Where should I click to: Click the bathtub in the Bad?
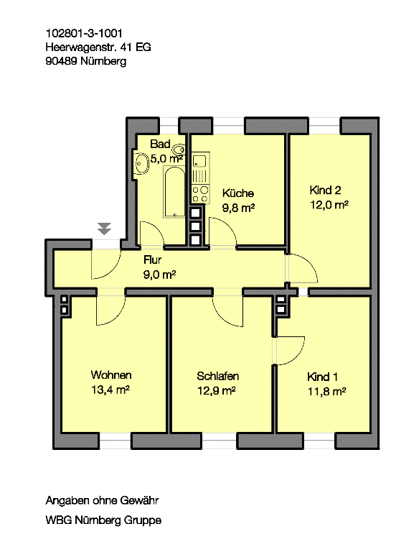pyautogui.click(x=174, y=191)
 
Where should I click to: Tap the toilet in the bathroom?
pyautogui.click(x=179, y=149)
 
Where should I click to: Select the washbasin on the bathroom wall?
pyautogui.click(x=141, y=163)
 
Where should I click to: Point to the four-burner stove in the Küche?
pyautogui.click(x=200, y=194)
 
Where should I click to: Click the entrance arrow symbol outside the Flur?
pyautogui.click(x=104, y=229)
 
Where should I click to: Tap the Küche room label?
pyautogui.click(x=238, y=193)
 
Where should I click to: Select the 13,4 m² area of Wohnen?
pyautogui.click(x=110, y=390)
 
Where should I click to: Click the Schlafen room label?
pyautogui.click(x=217, y=376)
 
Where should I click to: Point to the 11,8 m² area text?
pyautogui.click(x=327, y=391)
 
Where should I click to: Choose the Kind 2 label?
pyautogui.click(x=325, y=190)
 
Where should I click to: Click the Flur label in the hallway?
pyautogui.click(x=153, y=259)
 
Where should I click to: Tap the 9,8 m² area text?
pyautogui.click(x=238, y=208)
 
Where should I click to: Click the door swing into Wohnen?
pyautogui.click(x=110, y=310)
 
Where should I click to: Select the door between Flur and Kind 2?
pyautogui.click(x=301, y=268)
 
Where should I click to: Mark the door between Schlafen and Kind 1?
pyautogui.click(x=290, y=351)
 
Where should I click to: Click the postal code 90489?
pyautogui.click(x=62, y=61)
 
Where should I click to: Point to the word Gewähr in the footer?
pyautogui.click(x=139, y=500)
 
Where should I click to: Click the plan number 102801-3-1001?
pyautogui.click(x=84, y=34)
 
